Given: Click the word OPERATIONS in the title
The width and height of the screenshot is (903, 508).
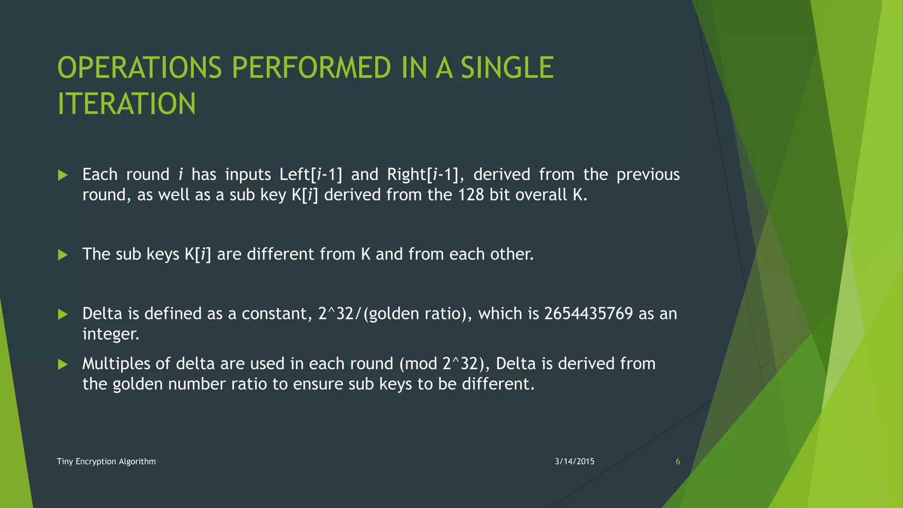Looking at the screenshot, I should [x=139, y=68].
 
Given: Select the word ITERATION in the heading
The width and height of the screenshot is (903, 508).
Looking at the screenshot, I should [x=127, y=104].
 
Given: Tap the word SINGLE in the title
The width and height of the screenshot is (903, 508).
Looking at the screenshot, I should [x=507, y=68].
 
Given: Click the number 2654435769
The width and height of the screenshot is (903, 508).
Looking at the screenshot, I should [x=589, y=314].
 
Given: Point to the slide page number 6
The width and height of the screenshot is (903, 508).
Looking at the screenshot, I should [x=678, y=461].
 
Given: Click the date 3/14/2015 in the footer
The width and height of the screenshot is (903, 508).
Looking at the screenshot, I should [x=575, y=461].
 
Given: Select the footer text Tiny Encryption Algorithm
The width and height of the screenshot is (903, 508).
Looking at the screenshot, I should [x=106, y=461].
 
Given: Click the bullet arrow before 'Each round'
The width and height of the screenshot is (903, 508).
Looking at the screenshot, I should [x=63, y=176].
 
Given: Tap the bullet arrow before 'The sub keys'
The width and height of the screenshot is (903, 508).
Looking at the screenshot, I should [x=63, y=255].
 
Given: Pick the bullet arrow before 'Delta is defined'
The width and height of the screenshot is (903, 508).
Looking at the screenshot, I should [x=63, y=314].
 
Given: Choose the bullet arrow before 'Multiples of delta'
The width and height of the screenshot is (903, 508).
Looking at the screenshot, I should [x=63, y=364].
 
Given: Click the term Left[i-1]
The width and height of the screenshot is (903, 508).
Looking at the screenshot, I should [x=311, y=175].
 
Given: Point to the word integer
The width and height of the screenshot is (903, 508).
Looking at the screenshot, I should [x=110, y=334].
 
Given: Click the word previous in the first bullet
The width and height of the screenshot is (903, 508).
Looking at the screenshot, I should [x=648, y=175].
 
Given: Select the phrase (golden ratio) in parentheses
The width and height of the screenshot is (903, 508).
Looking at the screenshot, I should [x=418, y=314].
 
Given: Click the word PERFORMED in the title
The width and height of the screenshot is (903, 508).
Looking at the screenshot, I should [x=311, y=68].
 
